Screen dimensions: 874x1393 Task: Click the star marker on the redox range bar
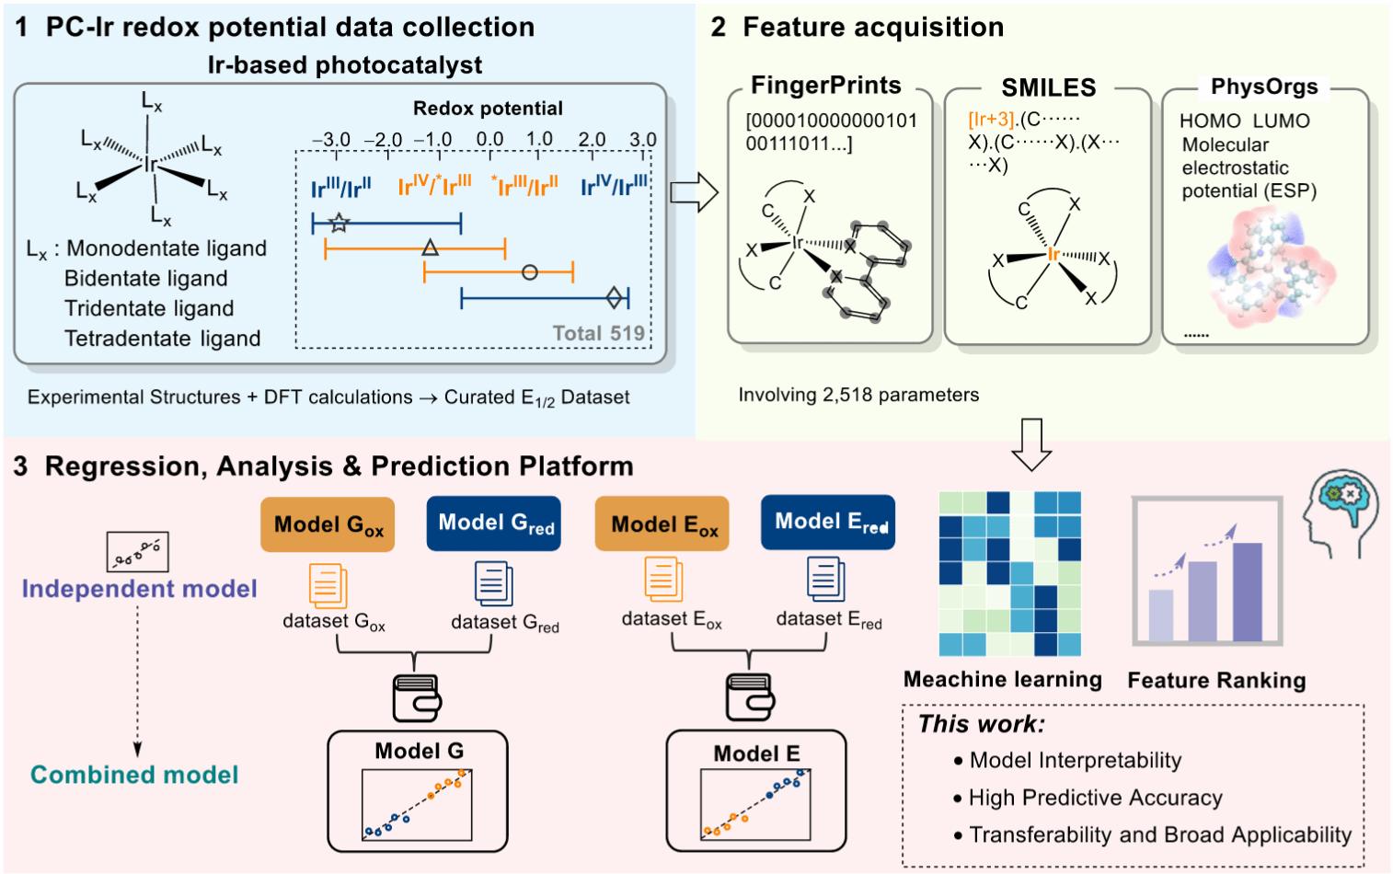340,222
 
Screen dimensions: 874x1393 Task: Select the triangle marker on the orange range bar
430,247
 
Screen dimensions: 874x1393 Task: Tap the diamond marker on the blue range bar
615,297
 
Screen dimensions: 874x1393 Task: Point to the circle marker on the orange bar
529,272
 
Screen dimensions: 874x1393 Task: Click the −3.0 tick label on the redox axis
331,140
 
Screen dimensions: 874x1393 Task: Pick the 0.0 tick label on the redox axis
489,140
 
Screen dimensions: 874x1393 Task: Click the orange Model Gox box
328,524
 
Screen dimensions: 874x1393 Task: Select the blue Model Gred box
494,523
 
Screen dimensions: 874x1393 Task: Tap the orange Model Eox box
662,524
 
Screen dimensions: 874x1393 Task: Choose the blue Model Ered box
828,523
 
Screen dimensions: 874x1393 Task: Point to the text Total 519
598,333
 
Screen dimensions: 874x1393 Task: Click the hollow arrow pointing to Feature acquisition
694,192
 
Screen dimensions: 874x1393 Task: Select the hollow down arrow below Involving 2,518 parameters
1030,444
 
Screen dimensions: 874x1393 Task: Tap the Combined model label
134,775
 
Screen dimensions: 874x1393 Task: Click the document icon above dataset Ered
825,580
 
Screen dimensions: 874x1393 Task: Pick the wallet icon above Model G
417,698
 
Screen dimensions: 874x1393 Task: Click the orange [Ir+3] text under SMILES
991,120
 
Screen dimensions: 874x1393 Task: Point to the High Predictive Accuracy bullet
1095,798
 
